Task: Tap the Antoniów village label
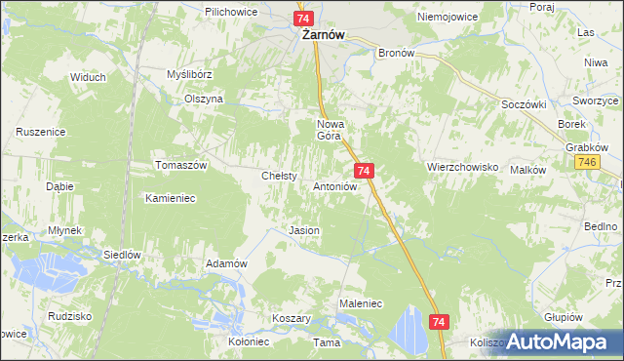337,185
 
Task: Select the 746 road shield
586,162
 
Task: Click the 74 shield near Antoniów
363,171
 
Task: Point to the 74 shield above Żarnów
302,19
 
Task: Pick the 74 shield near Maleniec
439,321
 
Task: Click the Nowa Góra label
331,130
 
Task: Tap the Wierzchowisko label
462,167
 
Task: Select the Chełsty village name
279,176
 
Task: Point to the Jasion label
304,230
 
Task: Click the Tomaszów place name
182,166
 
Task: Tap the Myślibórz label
189,74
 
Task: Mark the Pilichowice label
230,11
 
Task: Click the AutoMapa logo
551,342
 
